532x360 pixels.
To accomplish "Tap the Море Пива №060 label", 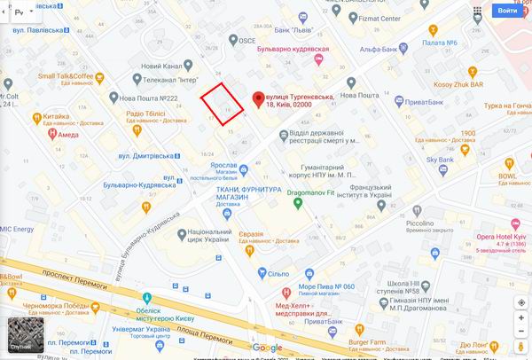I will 325,286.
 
